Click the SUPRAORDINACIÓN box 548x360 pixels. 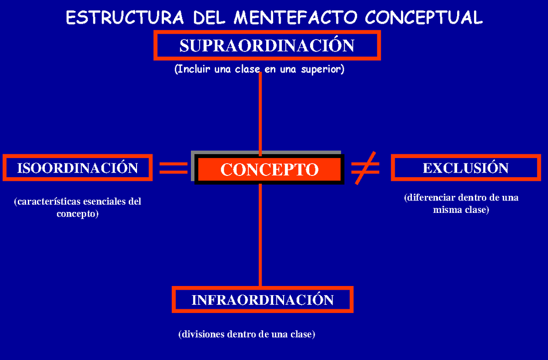click(267, 45)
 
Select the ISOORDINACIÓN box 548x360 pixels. click(78, 168)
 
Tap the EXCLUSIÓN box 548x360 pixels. click(466, 168)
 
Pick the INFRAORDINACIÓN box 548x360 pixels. click(263, 300)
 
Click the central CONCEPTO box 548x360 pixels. click(269, 169)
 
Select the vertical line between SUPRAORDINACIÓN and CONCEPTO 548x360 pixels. click(260, 114)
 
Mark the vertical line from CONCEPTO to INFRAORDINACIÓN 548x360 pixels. click(260, 235)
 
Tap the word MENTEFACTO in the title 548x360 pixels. click(297, 18)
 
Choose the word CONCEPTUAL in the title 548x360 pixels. click(424, 18)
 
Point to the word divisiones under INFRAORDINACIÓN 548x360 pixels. click(201, 334)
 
